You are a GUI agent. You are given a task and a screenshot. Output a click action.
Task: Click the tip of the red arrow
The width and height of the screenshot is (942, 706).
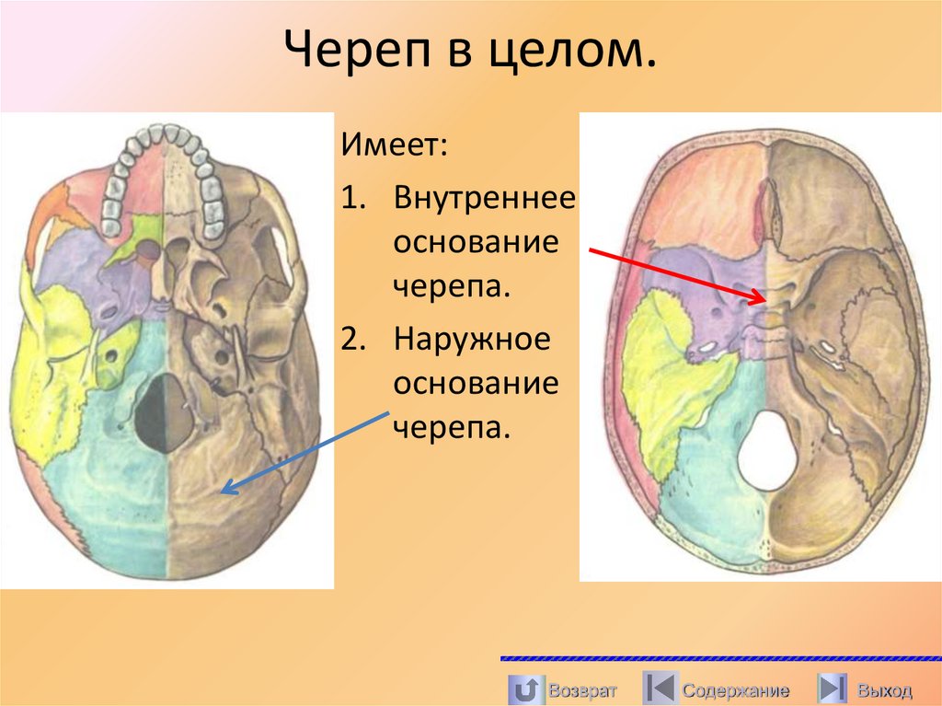coord(765,299)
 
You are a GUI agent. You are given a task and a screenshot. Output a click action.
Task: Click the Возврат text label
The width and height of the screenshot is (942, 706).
coord(581,689)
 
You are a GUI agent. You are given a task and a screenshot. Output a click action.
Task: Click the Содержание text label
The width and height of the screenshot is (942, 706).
coord(735,689)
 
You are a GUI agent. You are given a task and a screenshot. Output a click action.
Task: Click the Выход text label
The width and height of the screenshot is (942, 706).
coord(884,689)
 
